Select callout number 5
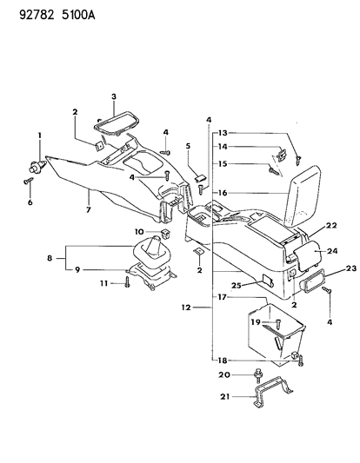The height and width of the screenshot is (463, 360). [189, 146]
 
